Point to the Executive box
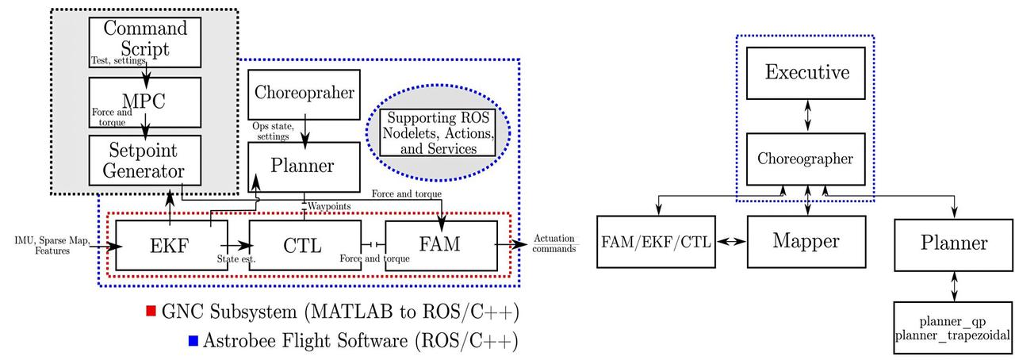coord(807,73)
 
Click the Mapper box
coord(807,240)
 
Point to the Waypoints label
coord(329,206)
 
